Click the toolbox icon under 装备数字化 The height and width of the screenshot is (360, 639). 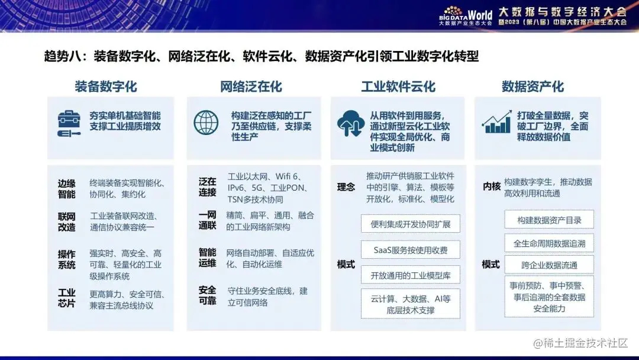pos(69,124)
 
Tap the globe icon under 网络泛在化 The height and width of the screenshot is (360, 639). pos(206,123)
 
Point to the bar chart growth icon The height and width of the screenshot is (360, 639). pos(496,122)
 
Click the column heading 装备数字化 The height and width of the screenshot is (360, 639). pos(106,86)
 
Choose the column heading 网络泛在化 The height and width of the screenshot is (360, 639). pos(251,86)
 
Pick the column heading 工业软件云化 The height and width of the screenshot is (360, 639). pos(398,86)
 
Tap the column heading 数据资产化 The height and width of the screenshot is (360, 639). pos(532,86)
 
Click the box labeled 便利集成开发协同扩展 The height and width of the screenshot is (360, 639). pos(410,224)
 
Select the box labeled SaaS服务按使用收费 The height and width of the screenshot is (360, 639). pos(410,250)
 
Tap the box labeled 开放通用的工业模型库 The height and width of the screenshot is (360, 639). pos(410,275)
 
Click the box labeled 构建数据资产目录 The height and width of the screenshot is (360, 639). pos(549,220)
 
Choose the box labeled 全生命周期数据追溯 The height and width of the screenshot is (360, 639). pos(549,243)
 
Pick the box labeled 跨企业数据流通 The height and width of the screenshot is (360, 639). pos(549,265)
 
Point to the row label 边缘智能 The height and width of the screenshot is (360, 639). pos(67,188)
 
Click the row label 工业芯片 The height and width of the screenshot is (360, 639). pos(67,298)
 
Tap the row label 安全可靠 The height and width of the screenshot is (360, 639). pos(207,295)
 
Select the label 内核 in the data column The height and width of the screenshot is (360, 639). pos(491,187)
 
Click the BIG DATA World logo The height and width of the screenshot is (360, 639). pos(466,15)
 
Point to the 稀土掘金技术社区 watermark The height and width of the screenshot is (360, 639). pos(580,343)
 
